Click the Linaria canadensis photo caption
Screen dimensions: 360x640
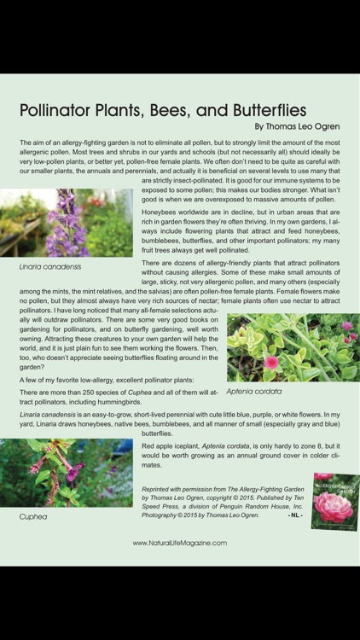(x=50, y=267)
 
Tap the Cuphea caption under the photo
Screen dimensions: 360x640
(x=33, y=516)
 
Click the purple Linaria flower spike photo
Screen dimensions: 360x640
(x=67, y=224)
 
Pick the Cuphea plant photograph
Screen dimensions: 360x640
(x=67, y=473)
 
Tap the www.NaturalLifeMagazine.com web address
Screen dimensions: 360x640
(x=179, y=543)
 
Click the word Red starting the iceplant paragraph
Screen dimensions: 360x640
(x=148, y=446)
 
